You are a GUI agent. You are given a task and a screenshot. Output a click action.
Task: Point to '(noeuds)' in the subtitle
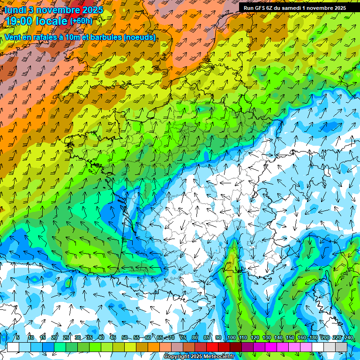pos(138,37)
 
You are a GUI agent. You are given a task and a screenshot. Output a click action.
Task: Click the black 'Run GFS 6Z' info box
pos(294,7)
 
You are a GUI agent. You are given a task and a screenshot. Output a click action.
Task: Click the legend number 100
pos(231,337)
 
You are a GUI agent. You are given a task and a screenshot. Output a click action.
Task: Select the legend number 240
pos(348,337)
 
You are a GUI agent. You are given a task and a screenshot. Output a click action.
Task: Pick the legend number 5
pos(18,337)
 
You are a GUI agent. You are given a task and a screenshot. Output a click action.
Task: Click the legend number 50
pos(124,337)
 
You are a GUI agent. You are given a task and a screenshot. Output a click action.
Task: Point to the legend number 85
pos(207,337)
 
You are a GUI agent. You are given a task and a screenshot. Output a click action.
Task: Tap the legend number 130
pos(267,337)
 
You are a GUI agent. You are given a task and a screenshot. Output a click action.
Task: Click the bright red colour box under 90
pos(212,347)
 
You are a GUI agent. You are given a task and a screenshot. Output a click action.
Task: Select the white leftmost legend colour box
pos(13,347)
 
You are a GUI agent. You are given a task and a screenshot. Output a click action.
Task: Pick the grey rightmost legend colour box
pos(341,347)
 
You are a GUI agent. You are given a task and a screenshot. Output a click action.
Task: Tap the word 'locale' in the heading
pos(52,21)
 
